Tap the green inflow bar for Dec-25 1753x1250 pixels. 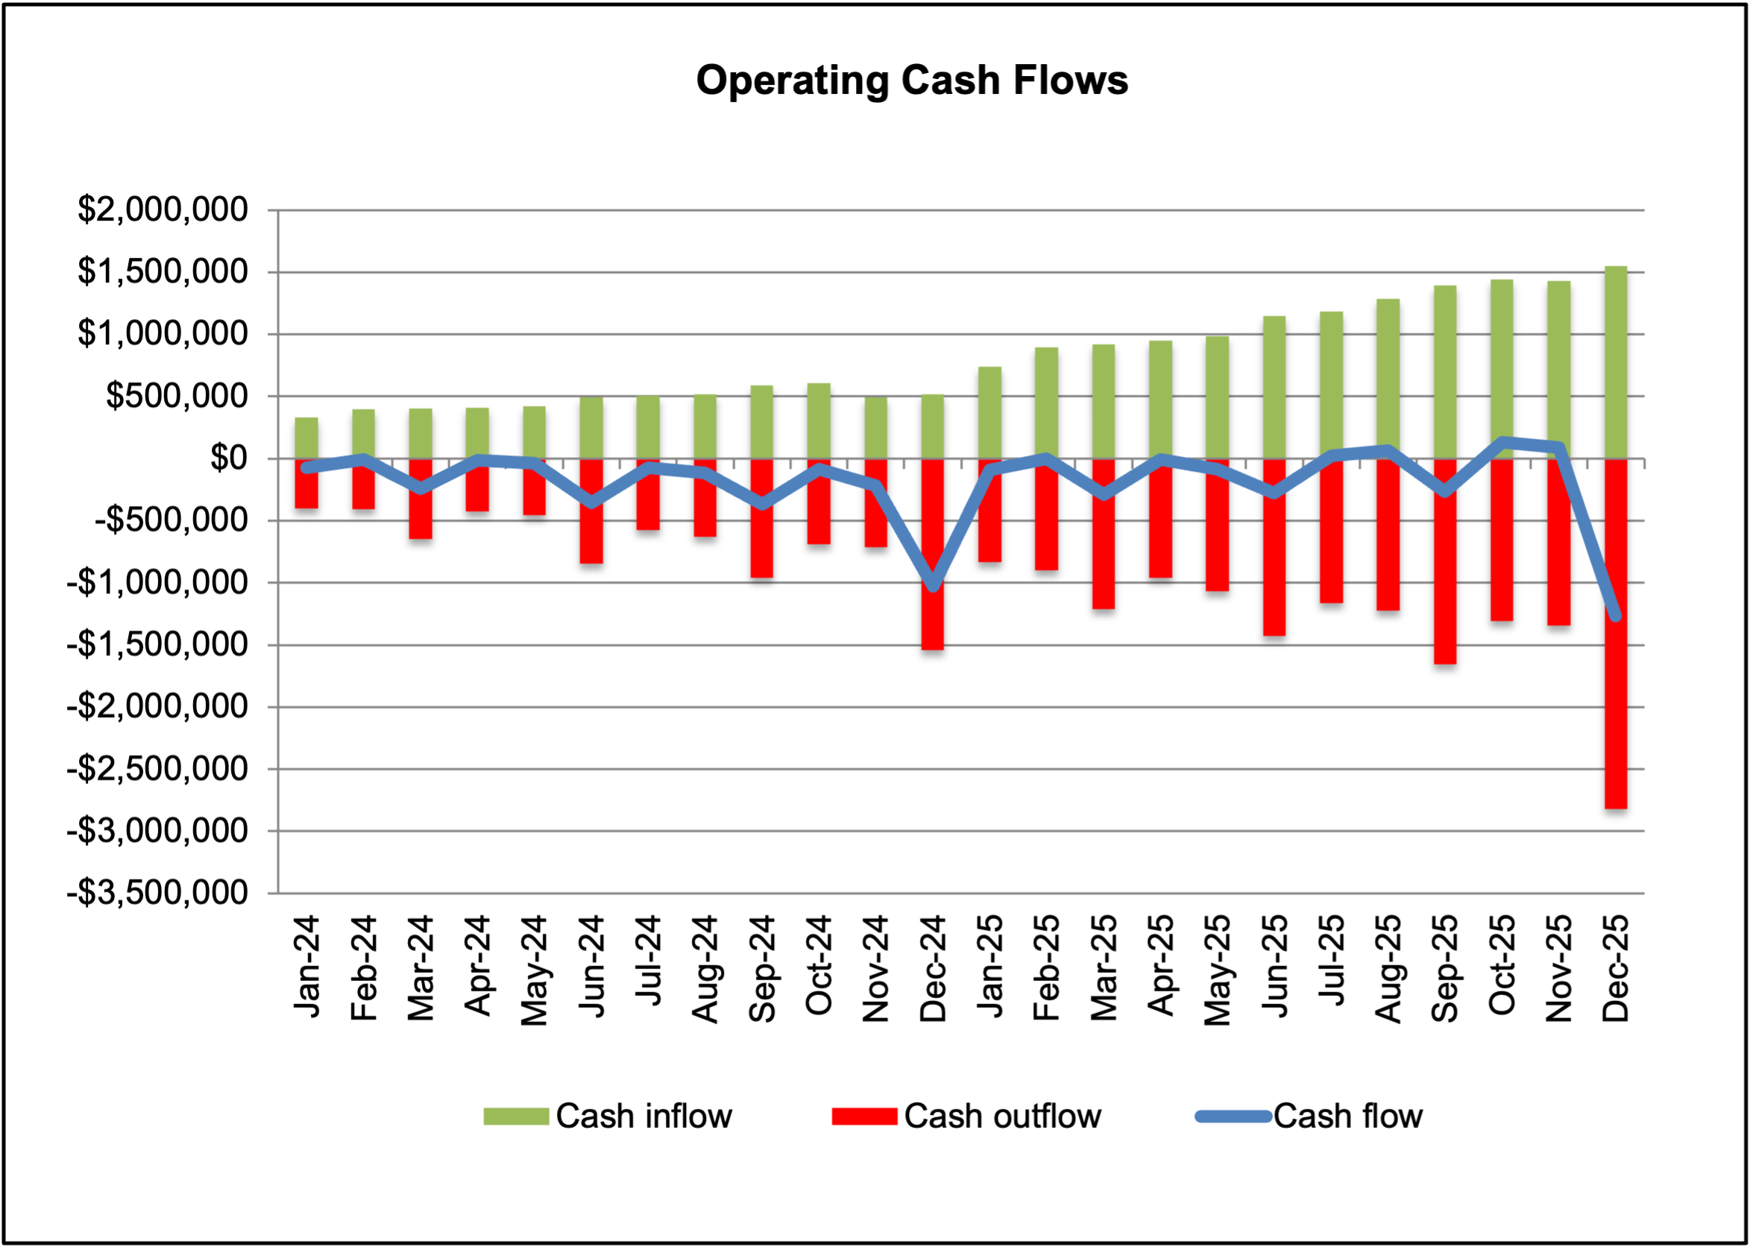1615,362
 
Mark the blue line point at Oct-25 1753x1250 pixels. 1502,442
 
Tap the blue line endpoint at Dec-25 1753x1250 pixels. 1616,616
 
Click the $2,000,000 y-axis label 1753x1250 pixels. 163,209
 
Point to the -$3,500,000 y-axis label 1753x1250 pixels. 157,893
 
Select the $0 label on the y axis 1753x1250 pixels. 229,458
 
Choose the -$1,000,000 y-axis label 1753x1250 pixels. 157,583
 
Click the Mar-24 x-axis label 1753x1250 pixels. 421,968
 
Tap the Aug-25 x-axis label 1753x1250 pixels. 1388,968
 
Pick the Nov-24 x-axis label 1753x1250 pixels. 875,968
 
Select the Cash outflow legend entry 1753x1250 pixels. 966,1116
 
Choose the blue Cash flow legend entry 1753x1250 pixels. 1309,1116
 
